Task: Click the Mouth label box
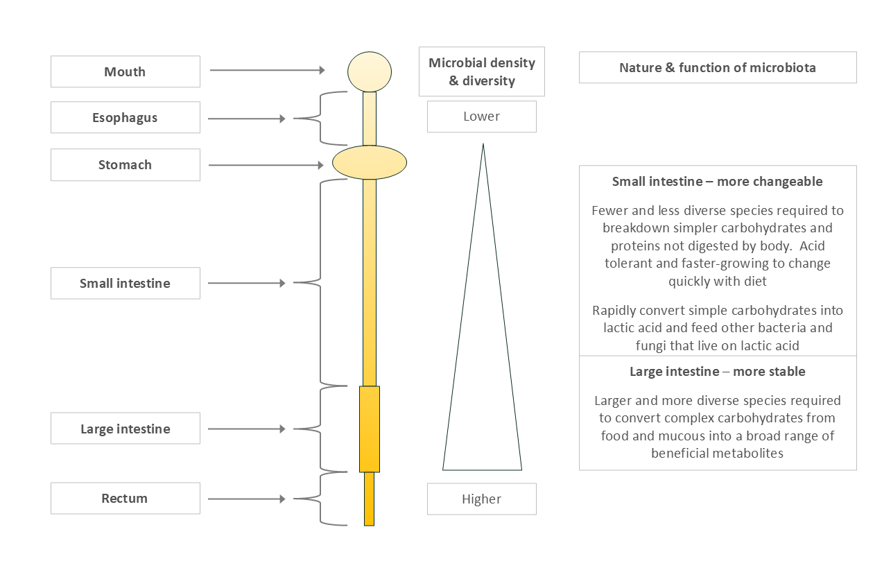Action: click(125, 72)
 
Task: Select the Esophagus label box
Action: click(125, 118)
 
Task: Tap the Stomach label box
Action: click(125, 165)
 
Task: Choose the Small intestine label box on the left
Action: click(125, 284)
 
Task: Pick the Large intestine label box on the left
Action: click(125, 429)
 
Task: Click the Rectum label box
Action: click(125, 499)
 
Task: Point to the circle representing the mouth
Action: click(370, 71)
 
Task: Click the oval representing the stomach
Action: click(370, 163)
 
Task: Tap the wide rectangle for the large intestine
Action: click(370, 429)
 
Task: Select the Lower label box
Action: click(481, 117)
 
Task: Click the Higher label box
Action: click(481, 499)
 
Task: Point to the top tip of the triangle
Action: click(483, 145)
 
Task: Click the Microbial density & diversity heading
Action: click(481, 72)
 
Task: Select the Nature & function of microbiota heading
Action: click(717, 68)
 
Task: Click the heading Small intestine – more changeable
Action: click(717, 182)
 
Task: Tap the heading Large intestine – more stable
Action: click(717, 372)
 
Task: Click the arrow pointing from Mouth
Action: click(267, 70)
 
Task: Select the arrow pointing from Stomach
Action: click(267, 165)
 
